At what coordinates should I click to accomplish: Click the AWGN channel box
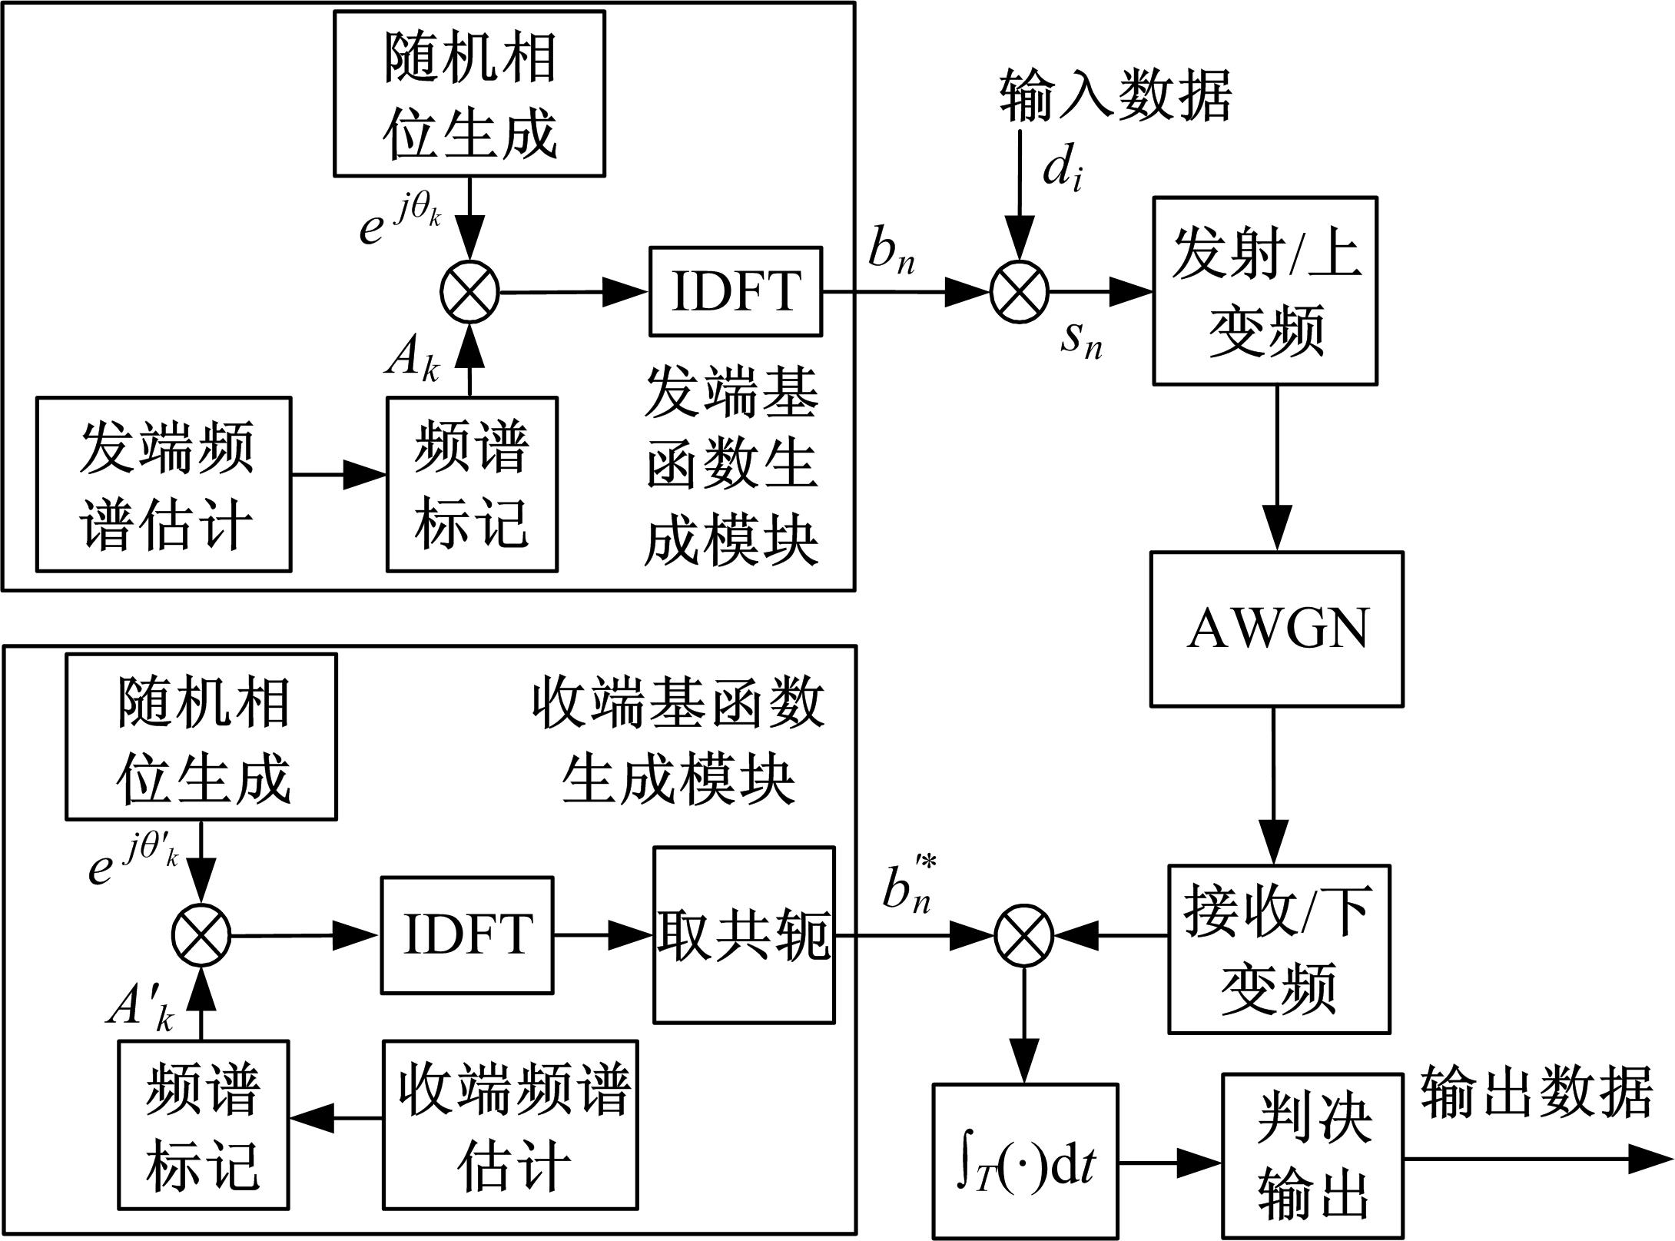click(1276, 629)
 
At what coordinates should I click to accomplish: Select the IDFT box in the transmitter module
click(735, 291)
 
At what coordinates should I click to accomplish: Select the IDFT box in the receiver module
click(467, 935)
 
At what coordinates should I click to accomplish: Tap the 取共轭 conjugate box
click(744, 935)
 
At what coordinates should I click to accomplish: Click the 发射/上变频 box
click(1265, 290)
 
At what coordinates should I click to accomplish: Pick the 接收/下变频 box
click(1279, 949)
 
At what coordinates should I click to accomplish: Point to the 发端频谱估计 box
click(164, 484)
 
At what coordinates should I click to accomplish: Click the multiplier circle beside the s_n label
click(1020, 292)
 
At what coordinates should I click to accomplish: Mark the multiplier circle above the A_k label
click(470, 292)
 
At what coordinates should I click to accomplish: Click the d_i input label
click(1063, 171)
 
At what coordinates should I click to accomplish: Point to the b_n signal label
click(891, 252)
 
